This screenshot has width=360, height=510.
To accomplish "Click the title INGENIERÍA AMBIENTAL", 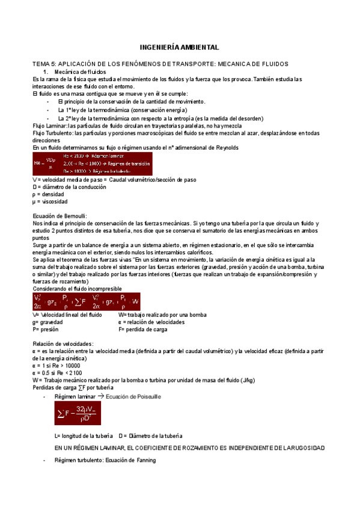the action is pyautogui.click(x=180, y=47).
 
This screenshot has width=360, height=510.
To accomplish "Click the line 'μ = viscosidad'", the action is pyautogui.click(x=50, y=201).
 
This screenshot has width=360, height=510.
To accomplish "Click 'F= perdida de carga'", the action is pyautogui.click(x=143, y=329).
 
